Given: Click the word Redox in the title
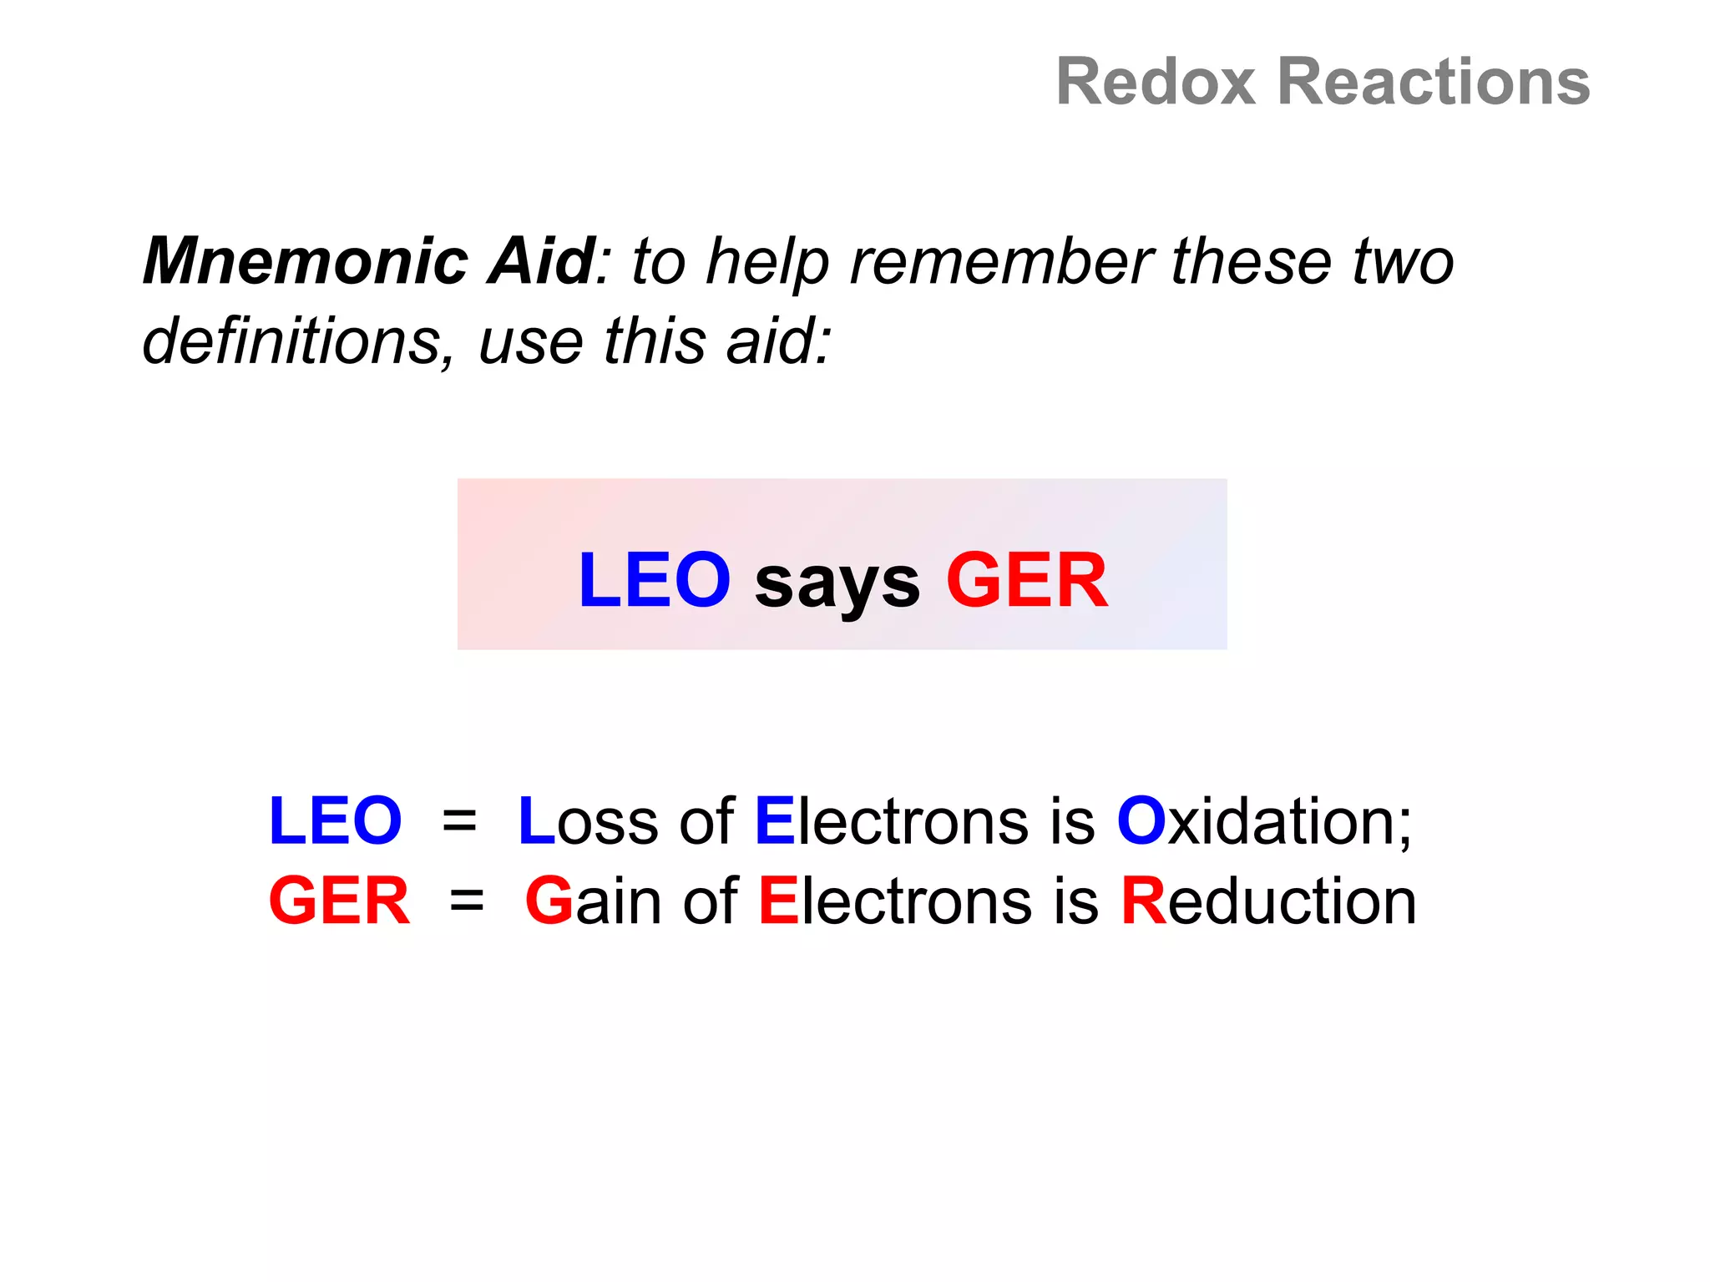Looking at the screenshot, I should point(1156,82).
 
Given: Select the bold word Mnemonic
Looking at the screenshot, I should point(305,261).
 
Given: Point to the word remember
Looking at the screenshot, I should point(1002,261).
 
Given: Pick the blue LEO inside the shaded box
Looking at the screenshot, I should point(654,580).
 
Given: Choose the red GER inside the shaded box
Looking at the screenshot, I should point(1027,580).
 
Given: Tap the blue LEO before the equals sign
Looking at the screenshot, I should point(335,821).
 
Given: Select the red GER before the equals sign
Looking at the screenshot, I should point(339,901).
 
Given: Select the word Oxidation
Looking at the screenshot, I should point(1262,821).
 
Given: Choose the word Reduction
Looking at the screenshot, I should point(1267,901).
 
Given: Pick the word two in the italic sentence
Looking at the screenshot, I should point(1403,261).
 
